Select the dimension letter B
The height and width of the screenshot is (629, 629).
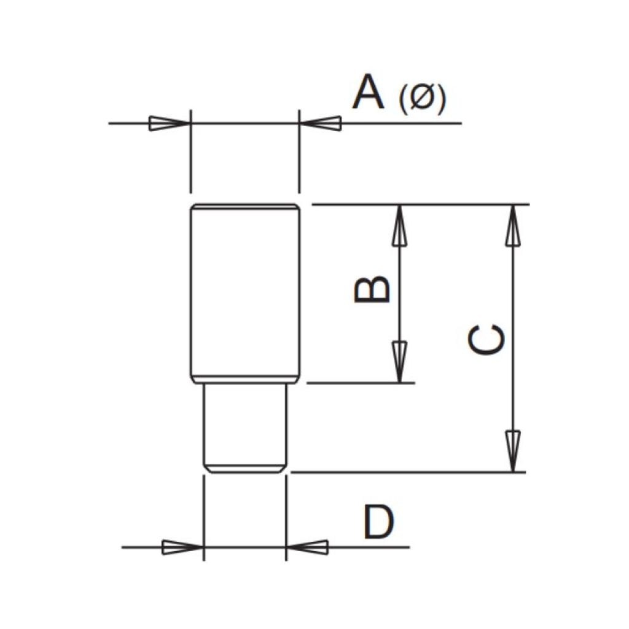[372, 289]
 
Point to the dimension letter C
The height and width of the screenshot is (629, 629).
[486, 340]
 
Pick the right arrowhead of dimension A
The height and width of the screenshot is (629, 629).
[321, 123]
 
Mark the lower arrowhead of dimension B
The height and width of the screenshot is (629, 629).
[399, 362]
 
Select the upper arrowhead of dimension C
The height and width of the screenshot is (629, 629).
[512, 225]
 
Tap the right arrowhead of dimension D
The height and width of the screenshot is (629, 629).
[307, 547]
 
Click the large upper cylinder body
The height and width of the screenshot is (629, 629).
[245, 294]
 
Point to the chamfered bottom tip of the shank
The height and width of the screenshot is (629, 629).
[245, 469]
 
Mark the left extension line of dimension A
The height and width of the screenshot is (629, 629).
[191, 151]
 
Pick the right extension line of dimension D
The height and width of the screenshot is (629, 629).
[286, 518]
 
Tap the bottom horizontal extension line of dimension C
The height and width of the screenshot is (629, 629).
[408, 472]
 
